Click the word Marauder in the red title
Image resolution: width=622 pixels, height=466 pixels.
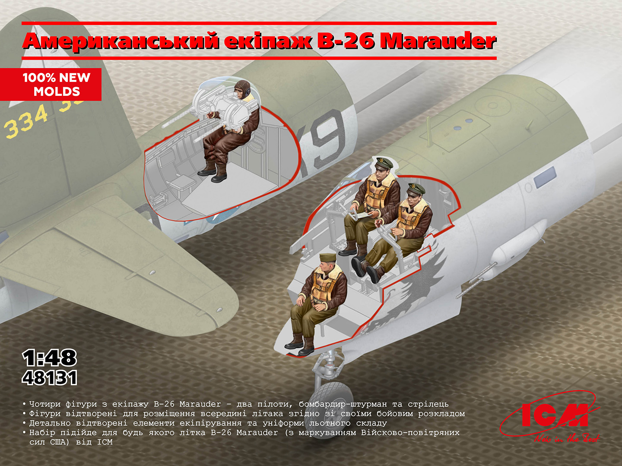coord(438,41)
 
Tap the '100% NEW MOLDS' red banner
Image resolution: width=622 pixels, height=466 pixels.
coord(51,84)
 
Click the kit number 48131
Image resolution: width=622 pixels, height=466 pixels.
coord(50,378)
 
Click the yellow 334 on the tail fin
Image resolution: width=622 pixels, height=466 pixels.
coord(26,122)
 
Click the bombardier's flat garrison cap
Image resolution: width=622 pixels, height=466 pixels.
coord(328,258)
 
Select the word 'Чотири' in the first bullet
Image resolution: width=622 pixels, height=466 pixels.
coord(45,404)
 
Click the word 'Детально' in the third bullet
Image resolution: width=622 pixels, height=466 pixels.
coord(50,423)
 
